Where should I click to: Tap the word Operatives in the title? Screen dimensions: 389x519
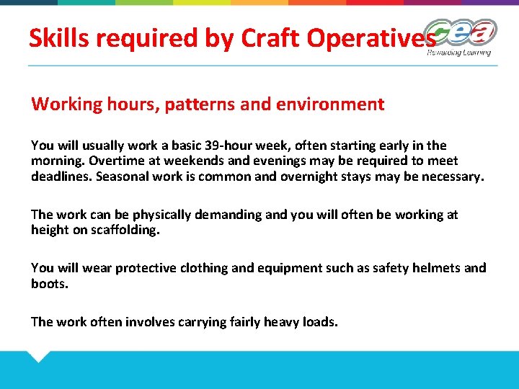(x=372, y=38)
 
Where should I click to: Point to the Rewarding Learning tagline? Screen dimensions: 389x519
(x=458, y=53)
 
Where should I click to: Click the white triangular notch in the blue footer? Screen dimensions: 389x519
(x=38, y=354)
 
